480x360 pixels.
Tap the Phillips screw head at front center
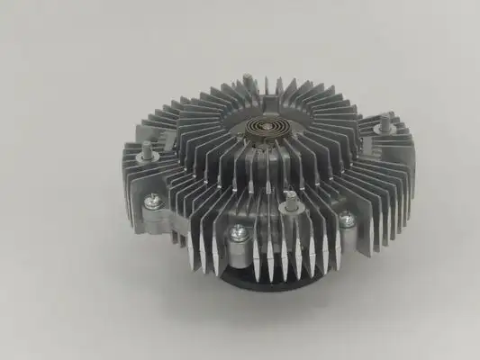point(238,232)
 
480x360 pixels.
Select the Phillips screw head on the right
point(346,218)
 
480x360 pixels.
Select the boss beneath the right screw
point(347,231)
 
